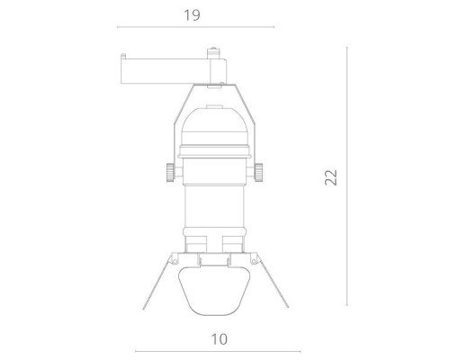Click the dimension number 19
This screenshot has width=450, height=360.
pyautogui.click(x=189, y=15)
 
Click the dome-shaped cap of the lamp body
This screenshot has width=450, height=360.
pyautogui.click(x=213, y=121)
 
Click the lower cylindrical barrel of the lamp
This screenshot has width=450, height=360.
pyautogui.click(x=213, y=211)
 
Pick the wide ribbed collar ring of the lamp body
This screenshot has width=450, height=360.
pyautogui.click(x=213, y=162)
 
